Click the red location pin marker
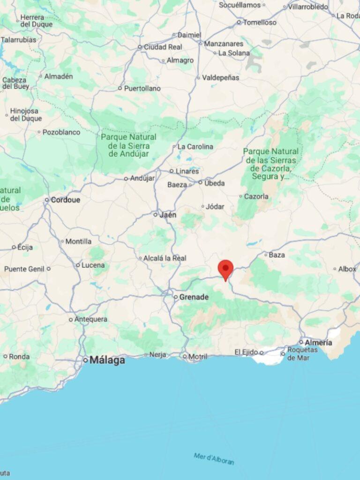click(x=225, y=269)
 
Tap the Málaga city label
click(x=107, y=360)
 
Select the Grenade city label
click(x=194, y=297)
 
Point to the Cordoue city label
click(x=65, y=200)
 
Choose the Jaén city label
click(x=167, y=215)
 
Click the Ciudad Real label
click(x=163, y=47)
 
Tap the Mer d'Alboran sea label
click(x=214, y=458)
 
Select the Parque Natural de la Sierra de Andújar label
click(x=129, y=145)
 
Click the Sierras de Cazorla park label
click(x=271, y=164)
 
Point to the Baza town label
click(x=277, y=255)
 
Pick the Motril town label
click(x=197, y=357)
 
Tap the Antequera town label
click(x=91, y=319)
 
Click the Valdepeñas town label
click(x=220, y=77)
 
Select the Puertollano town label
click(x=142, y=88)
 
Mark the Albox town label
click(x=347, y=269)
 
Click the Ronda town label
click(x=19, y=356)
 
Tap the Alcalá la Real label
click(x=165, y=258)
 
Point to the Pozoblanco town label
click(x=61, y=132)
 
